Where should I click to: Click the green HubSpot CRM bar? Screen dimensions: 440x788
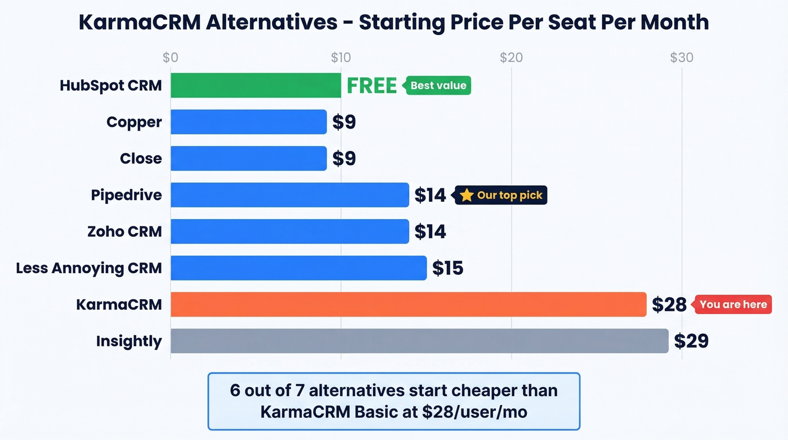[256, 86]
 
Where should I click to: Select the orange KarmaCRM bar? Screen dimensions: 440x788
[408, 304]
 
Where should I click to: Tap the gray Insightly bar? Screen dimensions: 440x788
[419, 341]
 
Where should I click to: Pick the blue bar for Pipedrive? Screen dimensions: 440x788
[289, 195]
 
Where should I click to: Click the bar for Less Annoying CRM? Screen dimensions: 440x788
[298, 268]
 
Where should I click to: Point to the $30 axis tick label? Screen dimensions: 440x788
[682, 57]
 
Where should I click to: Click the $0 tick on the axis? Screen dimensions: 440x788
[171, 57]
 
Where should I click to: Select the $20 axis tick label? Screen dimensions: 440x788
[511, 57]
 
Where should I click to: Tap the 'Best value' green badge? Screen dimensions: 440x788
[438, 86]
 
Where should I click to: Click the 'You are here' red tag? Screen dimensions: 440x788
[733, 304]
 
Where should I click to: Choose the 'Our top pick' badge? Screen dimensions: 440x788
[502, 195]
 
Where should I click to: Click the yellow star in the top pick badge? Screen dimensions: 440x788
[467, 195]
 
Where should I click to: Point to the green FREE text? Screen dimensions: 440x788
[371, 86]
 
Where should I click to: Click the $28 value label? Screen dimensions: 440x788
[669, 305]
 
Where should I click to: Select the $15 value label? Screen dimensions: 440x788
[447, 268]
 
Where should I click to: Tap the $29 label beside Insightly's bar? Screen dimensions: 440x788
[691, 341]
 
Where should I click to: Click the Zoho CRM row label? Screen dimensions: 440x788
[124, 232]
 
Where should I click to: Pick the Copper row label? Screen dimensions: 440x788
[134, 122]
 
